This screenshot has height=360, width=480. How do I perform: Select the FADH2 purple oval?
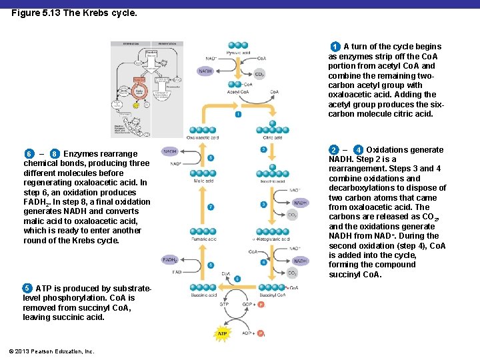click(x=170, y=261)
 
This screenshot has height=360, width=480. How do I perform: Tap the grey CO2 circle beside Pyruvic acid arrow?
click(x=259, y=75)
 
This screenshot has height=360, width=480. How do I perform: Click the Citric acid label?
click(x=273, y=137)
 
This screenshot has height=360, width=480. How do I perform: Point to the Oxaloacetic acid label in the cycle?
click(x=203, y=137)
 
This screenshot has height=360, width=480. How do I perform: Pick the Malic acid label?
click(x=204, y=181)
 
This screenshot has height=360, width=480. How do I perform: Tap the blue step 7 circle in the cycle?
click(x=211, y=207)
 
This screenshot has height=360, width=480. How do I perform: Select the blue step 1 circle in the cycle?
click(x=238, y=115)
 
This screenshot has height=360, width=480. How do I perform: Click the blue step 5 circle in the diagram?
click(x=237, y=279)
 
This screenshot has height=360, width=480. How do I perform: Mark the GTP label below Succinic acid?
click(x=225, y=304)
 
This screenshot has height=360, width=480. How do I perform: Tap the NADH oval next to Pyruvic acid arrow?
click(x=206, y=71)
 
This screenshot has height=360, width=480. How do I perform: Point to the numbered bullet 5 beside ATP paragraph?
click(x=27, y=288)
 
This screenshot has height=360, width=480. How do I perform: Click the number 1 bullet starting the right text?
click(x=335, y=47)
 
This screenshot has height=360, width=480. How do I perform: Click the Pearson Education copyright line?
click(x=52, y=351)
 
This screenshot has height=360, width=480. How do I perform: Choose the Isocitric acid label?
click(x=272, y=181)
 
